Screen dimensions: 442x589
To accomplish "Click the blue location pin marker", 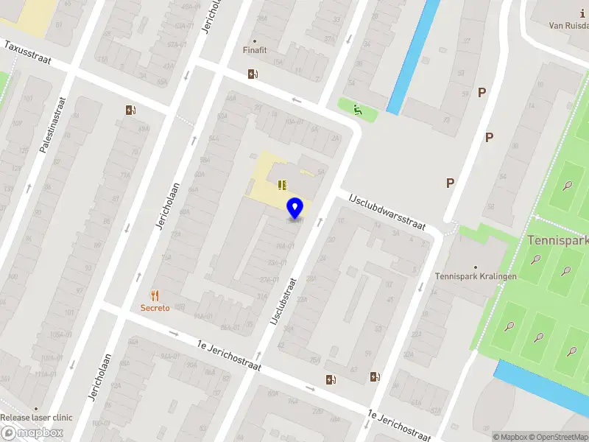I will coord(295,208).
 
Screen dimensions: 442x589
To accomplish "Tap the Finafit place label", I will coord(255,51).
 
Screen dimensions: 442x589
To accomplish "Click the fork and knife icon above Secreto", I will coord(155,295).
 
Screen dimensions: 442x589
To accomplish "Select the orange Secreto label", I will coord(155,307).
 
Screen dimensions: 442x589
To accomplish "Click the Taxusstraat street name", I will coord(27,52).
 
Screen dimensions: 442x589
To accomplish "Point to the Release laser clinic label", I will coord(36,418).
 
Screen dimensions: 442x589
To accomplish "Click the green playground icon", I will coord(358,110).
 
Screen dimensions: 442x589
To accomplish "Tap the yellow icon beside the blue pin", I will coord(281,184).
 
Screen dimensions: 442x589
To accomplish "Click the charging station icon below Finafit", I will coord(253,74).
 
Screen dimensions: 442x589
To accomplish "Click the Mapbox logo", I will coord(32,433).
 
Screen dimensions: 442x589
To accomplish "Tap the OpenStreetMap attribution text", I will coord(557,437).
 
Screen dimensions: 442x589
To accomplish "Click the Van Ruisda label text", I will coord(568,25).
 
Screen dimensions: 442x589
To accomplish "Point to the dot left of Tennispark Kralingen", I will coord(476,267).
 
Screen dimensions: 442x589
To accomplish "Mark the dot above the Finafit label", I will coord(255,41).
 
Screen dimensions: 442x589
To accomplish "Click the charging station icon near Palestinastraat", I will coord(130,110).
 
